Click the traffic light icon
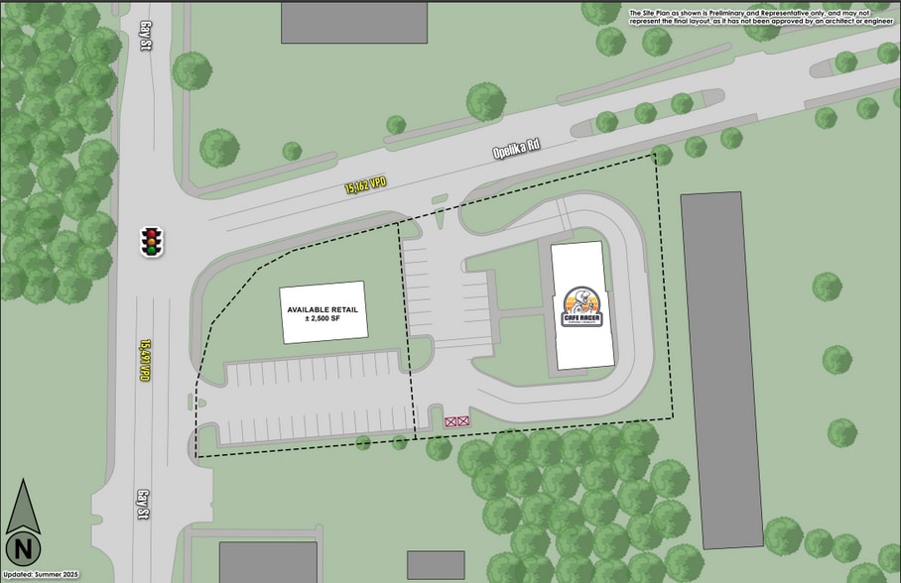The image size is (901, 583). pos(151,242)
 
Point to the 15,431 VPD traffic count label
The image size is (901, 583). pos(144,360)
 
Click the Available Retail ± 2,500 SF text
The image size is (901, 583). pos(322,313)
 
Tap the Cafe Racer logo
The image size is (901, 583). pos(580,306)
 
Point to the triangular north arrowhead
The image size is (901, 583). pos(23,507)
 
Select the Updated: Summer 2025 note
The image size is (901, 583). pos(41,575)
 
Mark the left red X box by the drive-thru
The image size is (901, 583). pos(450,422)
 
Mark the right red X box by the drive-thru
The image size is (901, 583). pos(463,422)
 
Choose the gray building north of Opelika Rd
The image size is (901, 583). pos(353,23)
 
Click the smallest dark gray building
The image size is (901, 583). pos(436,565)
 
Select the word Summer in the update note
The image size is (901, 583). pos(49,575)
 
